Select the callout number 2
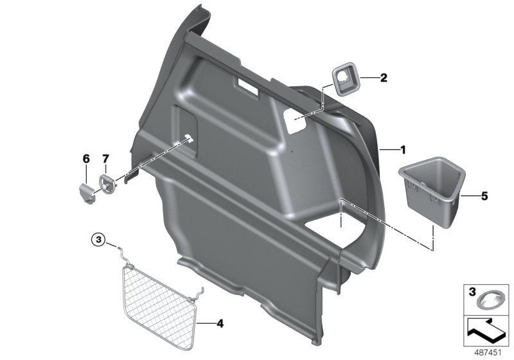pyautogui.click(x=384, y=78)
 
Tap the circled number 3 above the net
pyautogui.click(x=98, y=240)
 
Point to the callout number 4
pyautogui.click(x=220, y=323)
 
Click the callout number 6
pyautogui.click(x=85, y=158)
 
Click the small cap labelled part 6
pyautogui.click(x=85, y=191)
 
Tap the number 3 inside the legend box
pyautogui.click(x=472, y=292)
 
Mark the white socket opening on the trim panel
pyautogui.click(x=296, y=122)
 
